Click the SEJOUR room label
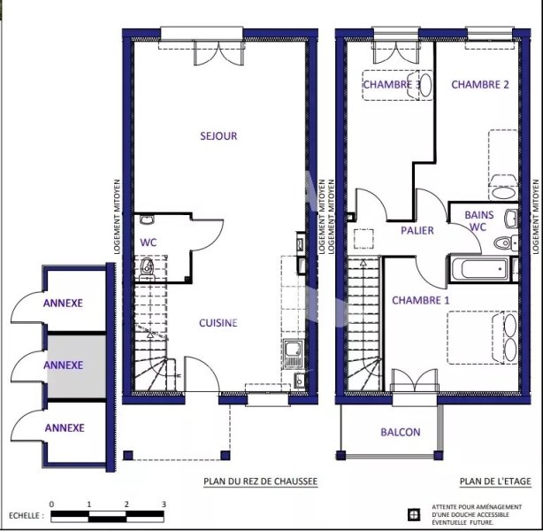pyautogui.click(x=218, y=136)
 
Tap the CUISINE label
pyautogui.click(x=218, y=323)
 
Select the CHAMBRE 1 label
pyautogui.click(x=420, y=300)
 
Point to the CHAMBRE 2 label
pyautogui.click(x=480, y=85)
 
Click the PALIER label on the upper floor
pyautogui.click(x=417, y=230)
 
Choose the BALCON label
pyautogui.click(x=401, y=432)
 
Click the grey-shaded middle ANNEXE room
pyautogui.click(x=76, y=366)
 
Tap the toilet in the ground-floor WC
pyautogui.click(x=147, y=269)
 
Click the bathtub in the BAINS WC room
pyautogui.click(x=480, y=268)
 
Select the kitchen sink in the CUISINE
pyautogui.click(x=294, y=354)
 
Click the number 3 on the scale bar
pyautogui.click(x=164, y=504)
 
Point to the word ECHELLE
pyautogui.click(x=24, y=516)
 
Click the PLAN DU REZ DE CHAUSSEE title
pyautogui.click(x=260, y=481)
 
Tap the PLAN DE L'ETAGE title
pyautogui.click(x=495, y=481)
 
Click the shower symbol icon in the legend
pyautogui.click(x=414, y=515)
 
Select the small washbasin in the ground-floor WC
pyautogui.click(x=147, y=219)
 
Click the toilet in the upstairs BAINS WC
pyautogui.click(x=505, y=242)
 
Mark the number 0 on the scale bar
pyautogui.click(x=51, y=504)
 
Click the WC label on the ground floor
pyautogui.click(x=149, y=242)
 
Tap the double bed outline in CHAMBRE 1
pyautogui.click(x=482, y=338)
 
